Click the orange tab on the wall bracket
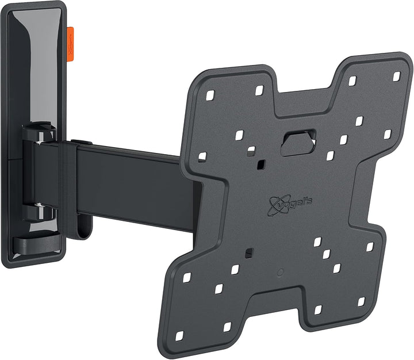click(71, 42)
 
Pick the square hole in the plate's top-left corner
click(210, 94)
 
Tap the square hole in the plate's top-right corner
click(396, 75)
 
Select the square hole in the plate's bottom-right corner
click(361, 301)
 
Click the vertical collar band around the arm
click(71, 184)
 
